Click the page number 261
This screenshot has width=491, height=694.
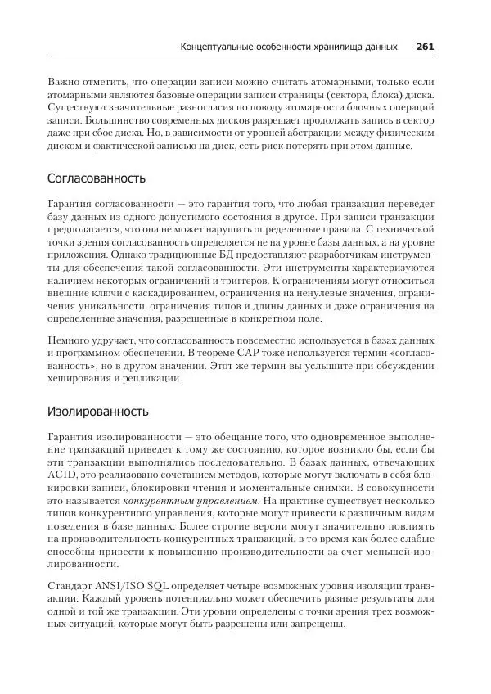click(x=425, y=47)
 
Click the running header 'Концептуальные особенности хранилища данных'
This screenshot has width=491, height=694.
click(x=289, y=47)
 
